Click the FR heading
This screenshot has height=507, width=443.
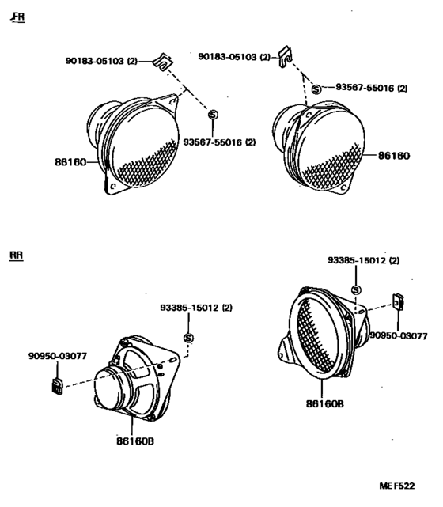point(18,17)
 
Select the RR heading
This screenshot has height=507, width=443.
point(16,255)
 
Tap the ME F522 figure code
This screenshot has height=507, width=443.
point(397,486)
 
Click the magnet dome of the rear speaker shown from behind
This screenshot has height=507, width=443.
point(110,390)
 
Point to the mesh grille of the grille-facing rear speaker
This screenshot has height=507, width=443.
point(316,336)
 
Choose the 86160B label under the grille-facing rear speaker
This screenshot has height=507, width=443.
point(325,403)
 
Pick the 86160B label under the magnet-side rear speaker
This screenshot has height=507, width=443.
point(135,441)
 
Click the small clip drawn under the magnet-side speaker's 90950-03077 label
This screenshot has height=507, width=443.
point(58,387)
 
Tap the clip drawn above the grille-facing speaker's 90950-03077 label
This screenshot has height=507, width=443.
point(398,301)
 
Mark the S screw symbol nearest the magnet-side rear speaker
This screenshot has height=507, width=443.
point(188,339)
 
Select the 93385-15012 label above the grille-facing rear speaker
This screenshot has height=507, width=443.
point(363,260)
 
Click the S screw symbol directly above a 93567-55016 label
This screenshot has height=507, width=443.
point(213,115)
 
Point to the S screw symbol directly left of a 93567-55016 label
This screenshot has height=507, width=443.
point(316,89)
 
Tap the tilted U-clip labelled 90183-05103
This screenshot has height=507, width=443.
point(163,62)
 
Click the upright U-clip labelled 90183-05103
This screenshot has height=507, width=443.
point(286,57)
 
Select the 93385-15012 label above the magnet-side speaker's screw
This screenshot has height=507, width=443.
point(196,308)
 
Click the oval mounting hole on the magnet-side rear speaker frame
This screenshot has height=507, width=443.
point(172,360)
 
